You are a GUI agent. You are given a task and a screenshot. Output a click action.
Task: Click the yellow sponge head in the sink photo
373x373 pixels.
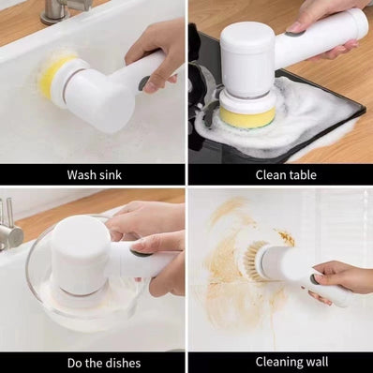[x=54, y=74]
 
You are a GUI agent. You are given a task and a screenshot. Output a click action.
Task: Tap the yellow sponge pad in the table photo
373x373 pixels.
[x=247, y=116]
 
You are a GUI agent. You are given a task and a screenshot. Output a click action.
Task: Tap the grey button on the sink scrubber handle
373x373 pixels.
[x=144, y=82]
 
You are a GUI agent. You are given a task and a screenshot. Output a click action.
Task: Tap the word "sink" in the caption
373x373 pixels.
[x=108, y=174]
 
